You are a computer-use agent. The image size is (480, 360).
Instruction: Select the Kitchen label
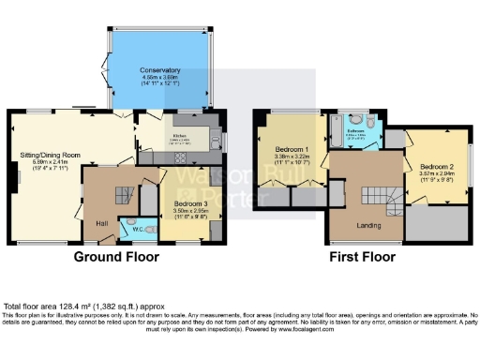pos(179,136)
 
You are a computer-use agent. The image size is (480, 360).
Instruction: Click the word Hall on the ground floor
pos(103,222)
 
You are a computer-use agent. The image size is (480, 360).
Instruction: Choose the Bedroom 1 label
pos(292,150)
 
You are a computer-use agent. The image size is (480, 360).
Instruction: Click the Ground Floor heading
pos(115,256)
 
